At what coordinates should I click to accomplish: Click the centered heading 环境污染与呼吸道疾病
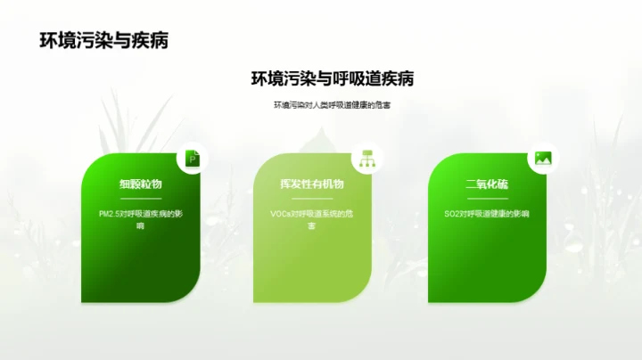pos(331,78)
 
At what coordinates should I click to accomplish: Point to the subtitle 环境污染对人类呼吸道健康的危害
pos(332,105)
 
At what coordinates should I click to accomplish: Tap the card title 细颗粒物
pos(140,184)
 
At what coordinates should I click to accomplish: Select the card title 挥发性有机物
pos(311,184)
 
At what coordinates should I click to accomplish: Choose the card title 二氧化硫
pos(486,184)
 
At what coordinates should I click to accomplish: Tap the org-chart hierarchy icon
pos(366,159)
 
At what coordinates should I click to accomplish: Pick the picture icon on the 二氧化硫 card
pos(541,159)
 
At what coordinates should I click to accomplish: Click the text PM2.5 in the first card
pos(111,214)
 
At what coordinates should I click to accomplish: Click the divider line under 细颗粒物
pos(140,198)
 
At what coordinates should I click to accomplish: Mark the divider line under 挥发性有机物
pos(311,198)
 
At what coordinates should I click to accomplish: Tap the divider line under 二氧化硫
pos(486,198)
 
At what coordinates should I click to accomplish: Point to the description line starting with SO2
pos(486,214)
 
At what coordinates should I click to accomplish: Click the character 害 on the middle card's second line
pos(311,227)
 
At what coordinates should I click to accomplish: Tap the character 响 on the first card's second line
pos(140,227)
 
